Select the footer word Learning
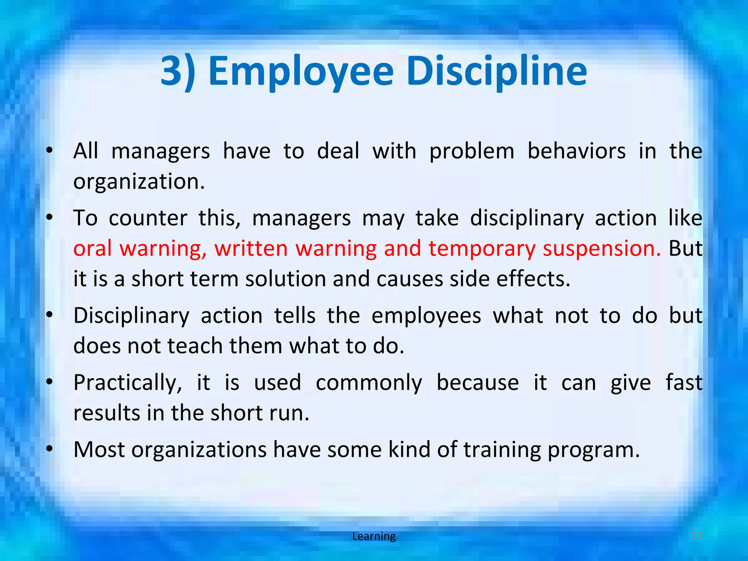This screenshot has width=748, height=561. [374, 536]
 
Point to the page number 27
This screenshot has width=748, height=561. [697, 536]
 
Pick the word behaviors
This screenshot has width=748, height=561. [576, 151]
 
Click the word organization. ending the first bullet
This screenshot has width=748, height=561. [139, 182]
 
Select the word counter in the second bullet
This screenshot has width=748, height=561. [148, 218]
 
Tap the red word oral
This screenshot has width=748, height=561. [92, 248]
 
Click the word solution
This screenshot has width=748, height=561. [285, 279]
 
